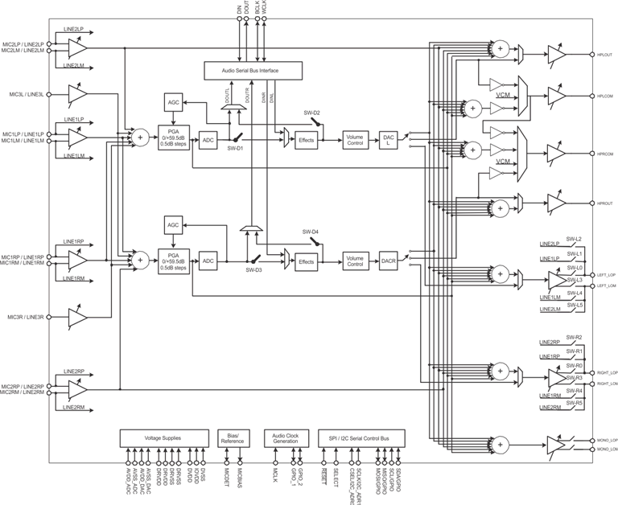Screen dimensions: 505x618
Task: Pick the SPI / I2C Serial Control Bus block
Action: coord(361,438)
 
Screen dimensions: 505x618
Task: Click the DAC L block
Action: coord(389,140)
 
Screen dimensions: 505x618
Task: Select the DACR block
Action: coord(389,261)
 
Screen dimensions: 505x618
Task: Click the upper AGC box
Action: coord(173,103)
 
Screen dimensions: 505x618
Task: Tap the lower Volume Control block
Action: coord(354,261)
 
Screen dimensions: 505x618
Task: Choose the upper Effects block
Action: coord(306,140)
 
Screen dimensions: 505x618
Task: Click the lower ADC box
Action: coord(208,261)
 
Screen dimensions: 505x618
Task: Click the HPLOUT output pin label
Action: coord(605,55)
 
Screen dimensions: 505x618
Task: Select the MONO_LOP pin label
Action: coord(607,440)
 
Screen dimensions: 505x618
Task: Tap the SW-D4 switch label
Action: coord(311,232)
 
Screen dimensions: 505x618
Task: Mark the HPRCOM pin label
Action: coord(605,153)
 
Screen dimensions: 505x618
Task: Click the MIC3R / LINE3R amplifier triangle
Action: coord(77,317)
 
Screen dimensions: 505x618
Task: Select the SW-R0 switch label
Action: coord(574,365)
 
